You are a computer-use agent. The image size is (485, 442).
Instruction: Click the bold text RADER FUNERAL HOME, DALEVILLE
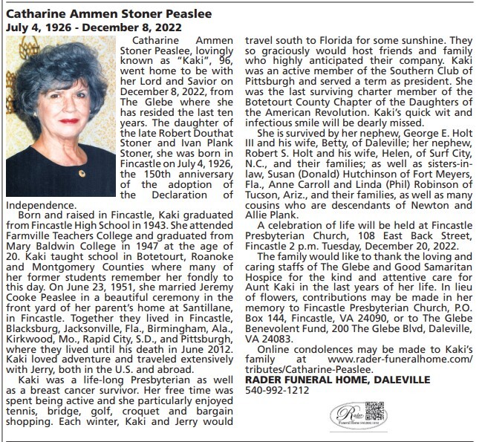pyautogui.click(x=337, y=380)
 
